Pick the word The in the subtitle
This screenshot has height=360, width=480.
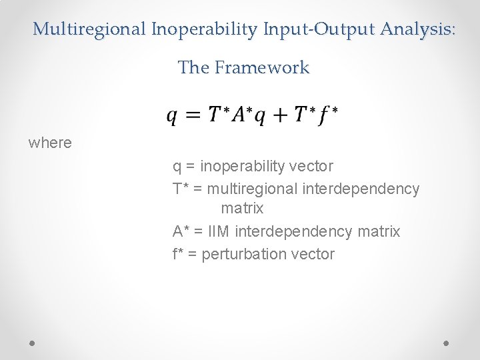point(193,67)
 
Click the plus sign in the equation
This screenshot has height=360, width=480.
point(280,115)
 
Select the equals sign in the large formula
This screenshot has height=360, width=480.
point(193,115)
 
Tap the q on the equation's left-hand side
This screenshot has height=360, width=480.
point(172,117)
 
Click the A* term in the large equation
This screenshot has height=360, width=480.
point(240,115)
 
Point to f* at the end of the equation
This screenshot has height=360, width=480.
point(327,115)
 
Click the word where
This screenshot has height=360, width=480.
point(50,143)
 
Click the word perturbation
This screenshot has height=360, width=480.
point(244,254)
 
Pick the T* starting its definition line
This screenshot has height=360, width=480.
point(179,189)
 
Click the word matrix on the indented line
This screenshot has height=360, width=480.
point(242,209)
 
